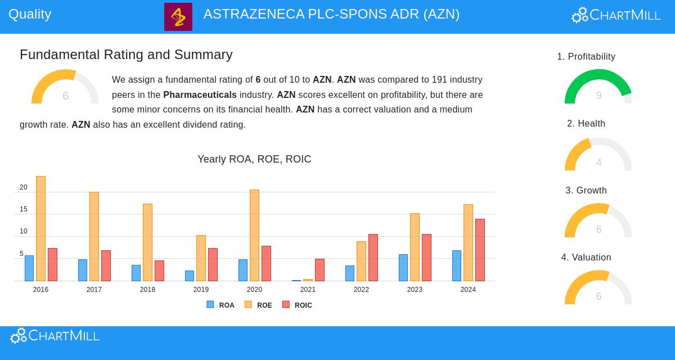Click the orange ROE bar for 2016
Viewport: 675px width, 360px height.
click(40, 228)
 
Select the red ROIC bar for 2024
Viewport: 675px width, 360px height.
click(480, 250)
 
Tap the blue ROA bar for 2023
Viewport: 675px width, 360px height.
click(403, 268)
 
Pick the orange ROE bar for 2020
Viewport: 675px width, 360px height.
click(254, 235)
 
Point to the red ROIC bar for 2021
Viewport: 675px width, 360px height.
click(319, 270)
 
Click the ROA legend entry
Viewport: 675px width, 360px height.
click(220, 305)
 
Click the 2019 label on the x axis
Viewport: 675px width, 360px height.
click(201, 290)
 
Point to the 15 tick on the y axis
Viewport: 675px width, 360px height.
click(23, 209)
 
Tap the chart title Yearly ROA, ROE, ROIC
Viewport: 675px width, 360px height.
click(254, 159)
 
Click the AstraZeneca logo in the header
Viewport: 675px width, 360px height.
click(178, 17)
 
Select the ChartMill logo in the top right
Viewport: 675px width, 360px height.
click(616, 15)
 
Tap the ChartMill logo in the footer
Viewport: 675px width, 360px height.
click(55, 336)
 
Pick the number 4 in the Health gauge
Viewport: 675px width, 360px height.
click(598, 163)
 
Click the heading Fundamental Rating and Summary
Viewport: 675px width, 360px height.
click(126, 55)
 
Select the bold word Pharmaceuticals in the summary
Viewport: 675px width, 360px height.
click(200, 94)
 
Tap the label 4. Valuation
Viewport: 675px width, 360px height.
click(586, 257)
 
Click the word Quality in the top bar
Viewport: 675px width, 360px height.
click(30, 14)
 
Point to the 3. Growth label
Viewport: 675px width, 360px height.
click(586, 190)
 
